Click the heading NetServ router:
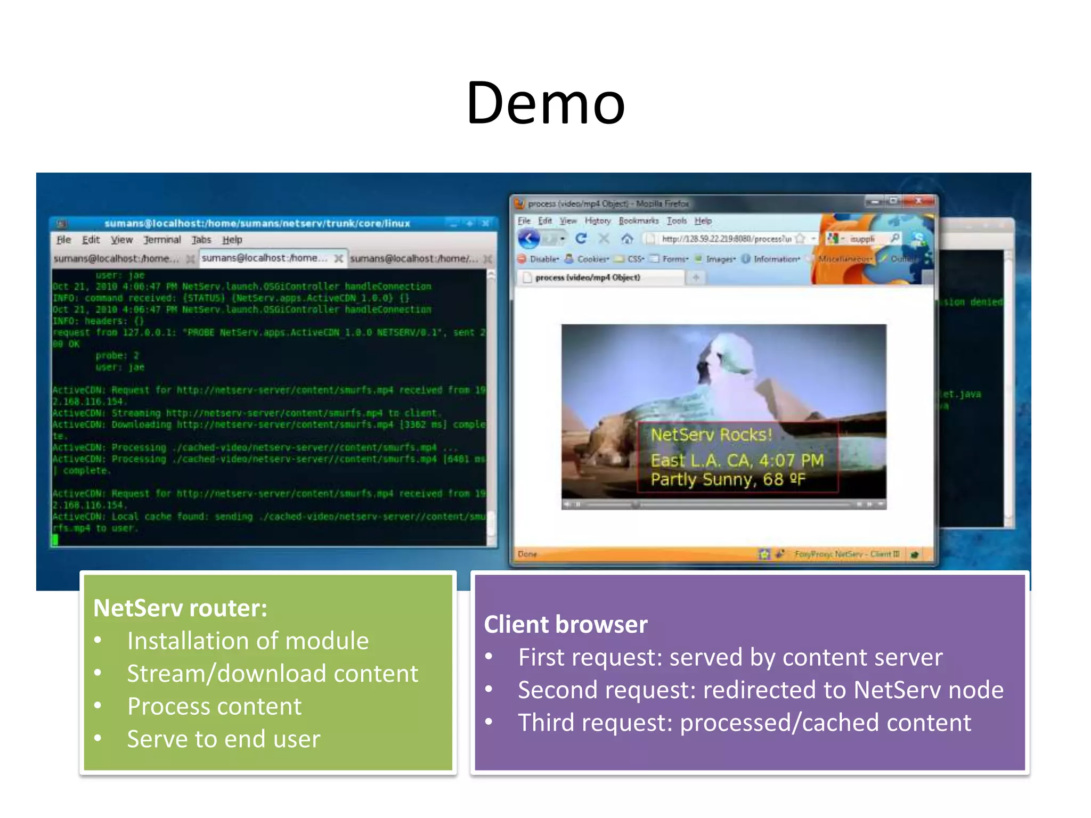point(180,608)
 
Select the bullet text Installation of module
point(248,641)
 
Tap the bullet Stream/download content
point(272,674)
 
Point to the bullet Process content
point(214,707)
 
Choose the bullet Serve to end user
point(223,739)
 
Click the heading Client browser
point(565,625)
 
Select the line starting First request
point(730,657)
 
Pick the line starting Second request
point(760,690)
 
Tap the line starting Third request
point(744,723)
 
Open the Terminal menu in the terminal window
point(162,240)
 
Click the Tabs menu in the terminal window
point(201,240)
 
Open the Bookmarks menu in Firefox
point(638,220)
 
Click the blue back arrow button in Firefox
point(529,239)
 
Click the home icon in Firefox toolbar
point(627,239)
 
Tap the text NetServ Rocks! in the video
point(711,435)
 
